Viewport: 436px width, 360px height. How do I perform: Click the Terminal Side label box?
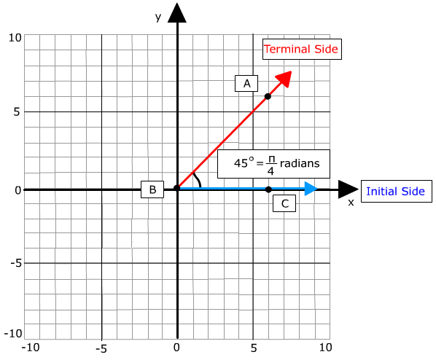click(302, 50)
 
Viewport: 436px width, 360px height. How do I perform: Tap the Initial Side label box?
click(397, 191)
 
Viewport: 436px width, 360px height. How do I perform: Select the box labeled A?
click(246, 83)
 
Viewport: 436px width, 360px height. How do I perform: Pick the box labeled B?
click(152, 189)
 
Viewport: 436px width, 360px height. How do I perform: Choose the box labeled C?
click(284, 203)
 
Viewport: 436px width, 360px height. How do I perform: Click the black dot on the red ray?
click(268, 96)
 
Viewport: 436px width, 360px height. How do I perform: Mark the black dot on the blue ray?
click(268, 189)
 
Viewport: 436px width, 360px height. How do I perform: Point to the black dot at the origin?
click(177, 188)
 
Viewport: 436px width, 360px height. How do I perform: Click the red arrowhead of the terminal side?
click(284, 79)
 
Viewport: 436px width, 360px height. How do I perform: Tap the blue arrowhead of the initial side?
click(311, 189)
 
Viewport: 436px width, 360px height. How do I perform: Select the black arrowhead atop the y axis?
click(177, 12)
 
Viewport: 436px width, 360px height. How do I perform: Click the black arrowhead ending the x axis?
click(348, 189)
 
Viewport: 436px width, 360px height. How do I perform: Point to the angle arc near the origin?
click(198, 179)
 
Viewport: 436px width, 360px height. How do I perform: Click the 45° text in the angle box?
click(244, 163)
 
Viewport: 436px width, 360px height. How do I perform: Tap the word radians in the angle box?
click(300, 163)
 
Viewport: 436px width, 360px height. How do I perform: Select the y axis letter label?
click(158, 17)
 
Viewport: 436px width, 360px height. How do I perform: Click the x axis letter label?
click(351, 203)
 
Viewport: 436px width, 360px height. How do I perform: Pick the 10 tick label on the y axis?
click(15, 38)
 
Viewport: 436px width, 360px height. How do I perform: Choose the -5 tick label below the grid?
click(101, 348)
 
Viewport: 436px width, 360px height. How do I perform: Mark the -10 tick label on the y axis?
click(13, 333)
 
